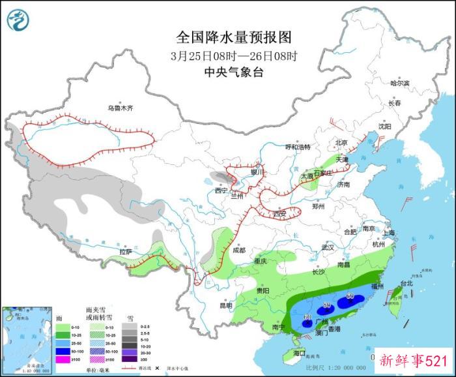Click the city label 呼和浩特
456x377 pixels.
click(x=300, y=147)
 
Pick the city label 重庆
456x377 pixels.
click(x=261, y=261)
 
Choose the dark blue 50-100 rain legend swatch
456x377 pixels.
click(x=62, y=350)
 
